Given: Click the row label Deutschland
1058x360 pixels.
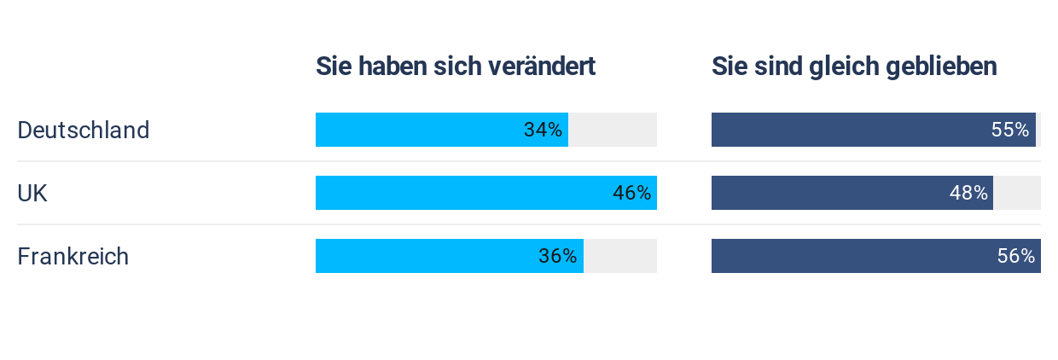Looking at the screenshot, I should point(84,131).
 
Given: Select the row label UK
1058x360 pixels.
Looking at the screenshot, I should point(32,194).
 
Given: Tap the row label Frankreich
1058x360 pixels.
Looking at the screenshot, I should point(73,257).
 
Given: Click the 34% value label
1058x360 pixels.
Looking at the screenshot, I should point(543,131).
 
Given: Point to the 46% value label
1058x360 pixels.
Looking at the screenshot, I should point(631,194).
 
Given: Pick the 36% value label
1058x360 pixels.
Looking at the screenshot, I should point(557,257).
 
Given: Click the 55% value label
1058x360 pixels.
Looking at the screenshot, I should point(1010,131).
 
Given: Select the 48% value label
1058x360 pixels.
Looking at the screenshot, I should point(968,194).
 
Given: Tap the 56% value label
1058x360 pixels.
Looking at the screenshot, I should point(1016,257).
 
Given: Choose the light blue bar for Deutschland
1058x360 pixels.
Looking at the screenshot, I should point(418,131).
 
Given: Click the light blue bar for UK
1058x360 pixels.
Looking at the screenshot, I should point(461,194).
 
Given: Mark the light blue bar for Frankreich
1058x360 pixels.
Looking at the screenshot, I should point(427,257).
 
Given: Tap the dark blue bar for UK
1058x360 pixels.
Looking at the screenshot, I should point(828,194).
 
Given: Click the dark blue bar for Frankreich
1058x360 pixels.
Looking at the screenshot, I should point(853,257).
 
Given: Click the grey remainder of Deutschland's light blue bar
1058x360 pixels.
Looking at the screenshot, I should point(613,131).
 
